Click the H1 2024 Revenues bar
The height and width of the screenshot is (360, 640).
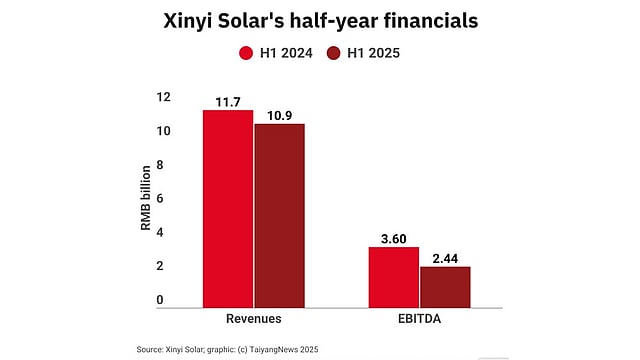point(228,209)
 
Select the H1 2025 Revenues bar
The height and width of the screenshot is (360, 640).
point(280,216)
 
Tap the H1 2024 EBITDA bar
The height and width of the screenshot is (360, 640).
point(394,278)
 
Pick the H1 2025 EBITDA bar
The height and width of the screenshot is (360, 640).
point(445,287)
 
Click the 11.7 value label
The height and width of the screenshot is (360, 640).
point(228,102)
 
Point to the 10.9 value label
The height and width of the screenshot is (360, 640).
point(280,116)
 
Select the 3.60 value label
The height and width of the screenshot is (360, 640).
point(394,239)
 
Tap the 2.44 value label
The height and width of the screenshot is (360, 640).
point(445,258)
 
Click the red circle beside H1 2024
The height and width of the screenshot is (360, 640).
point(246,53)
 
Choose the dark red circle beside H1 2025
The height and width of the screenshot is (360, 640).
point(333,53)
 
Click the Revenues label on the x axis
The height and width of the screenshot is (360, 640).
point(254,319)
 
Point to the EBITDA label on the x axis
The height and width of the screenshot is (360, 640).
point(420,319)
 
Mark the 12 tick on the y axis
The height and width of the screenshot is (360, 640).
point(163,97)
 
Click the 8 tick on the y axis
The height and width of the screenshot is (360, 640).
point(160,165)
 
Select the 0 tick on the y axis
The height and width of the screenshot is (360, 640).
point(160,300)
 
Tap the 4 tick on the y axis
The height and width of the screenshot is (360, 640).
point(160,232)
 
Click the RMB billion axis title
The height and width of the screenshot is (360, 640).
point(146,198)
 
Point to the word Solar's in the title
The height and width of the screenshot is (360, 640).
point(251,20)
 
